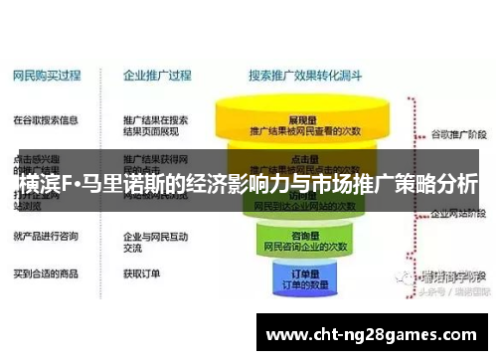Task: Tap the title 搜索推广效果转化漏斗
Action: (x=304, y=73)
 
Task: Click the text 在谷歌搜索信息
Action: (x=45, y=120)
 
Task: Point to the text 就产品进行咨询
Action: (x=45, y=236)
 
